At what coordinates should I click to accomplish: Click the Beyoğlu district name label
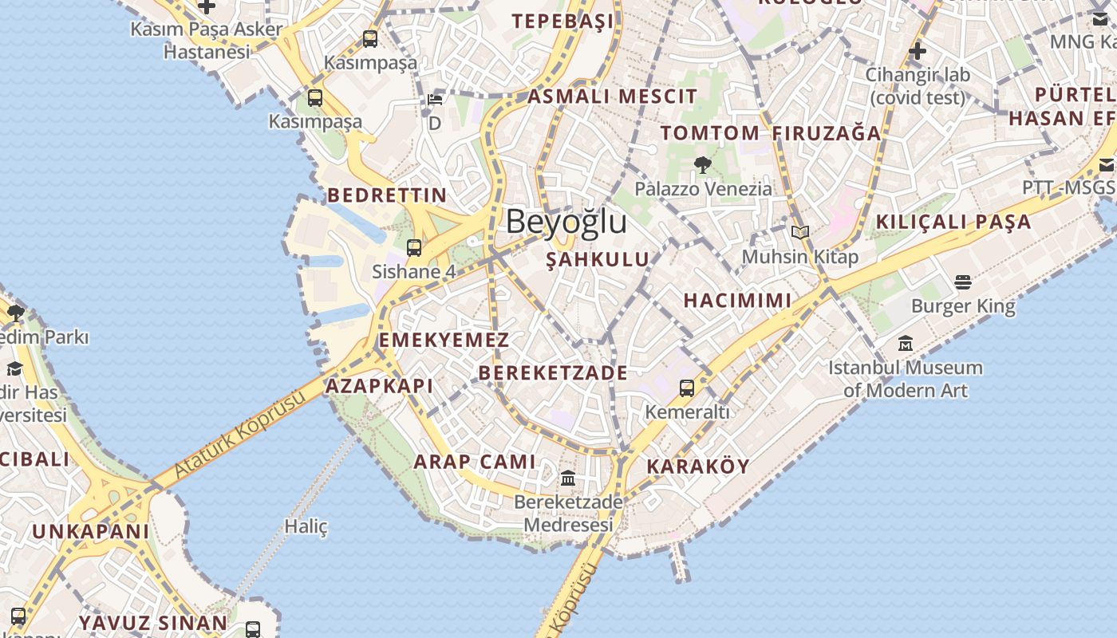566,222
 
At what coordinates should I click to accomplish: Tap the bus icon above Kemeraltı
687,388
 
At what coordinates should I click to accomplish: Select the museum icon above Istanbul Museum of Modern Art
906,344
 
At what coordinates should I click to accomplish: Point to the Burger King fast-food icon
963,282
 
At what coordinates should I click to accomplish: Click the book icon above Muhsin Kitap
800,232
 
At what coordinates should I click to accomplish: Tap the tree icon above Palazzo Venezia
703,165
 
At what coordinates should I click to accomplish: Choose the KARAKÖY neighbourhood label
698,467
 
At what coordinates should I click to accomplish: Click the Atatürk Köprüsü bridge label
239,435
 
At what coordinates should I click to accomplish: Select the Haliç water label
306,526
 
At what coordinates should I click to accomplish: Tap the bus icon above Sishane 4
413,247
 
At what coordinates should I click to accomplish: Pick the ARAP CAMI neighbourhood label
475,462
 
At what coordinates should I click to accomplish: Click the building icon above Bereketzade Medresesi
568,478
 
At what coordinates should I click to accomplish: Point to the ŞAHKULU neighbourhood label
598,259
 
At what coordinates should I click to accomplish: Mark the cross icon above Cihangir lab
918,51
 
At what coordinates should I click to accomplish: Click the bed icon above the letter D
435,100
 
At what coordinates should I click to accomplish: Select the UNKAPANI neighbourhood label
90,531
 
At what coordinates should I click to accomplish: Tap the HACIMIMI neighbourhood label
737,301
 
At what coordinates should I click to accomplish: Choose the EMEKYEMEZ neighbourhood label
444,341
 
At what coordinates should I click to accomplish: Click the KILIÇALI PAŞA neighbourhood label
953,222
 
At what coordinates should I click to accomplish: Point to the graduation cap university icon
14,368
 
